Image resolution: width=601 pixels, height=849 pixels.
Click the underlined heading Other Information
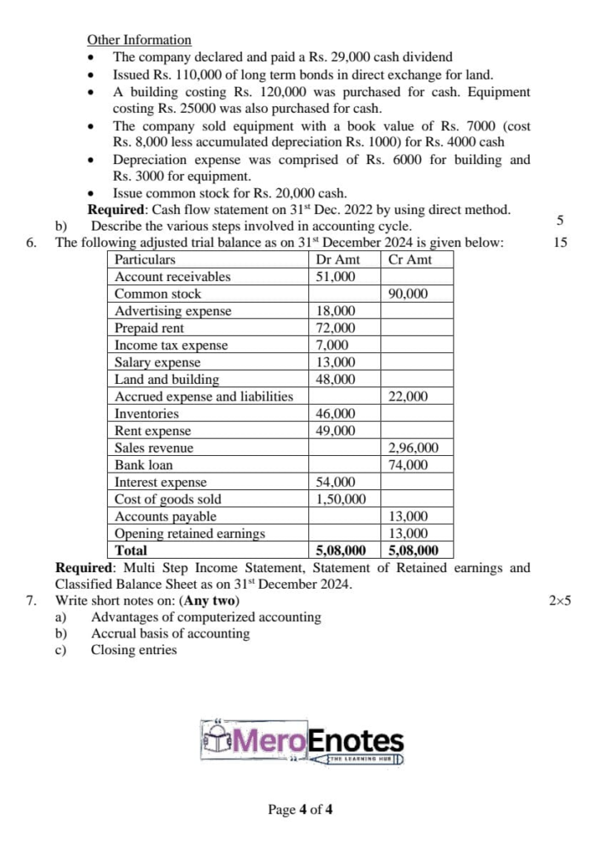tap(139, 40)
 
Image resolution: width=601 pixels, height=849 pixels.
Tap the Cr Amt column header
tap(410, 260)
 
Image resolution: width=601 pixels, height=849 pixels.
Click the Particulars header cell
tap(145, 260)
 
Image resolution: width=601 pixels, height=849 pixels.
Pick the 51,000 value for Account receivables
tap(337, 277)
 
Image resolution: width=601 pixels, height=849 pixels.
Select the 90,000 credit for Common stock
tap(409, 294)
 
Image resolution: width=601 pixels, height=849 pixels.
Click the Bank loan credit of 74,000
tap(409, 465)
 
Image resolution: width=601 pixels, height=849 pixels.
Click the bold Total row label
tap(131, 551)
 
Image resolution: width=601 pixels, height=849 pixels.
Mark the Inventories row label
tap(147, 414)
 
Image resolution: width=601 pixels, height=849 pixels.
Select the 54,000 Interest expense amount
tap(337, 482)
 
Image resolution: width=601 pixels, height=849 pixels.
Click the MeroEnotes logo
tap(302, 741)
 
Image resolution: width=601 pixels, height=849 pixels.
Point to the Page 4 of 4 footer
tap(300, 809)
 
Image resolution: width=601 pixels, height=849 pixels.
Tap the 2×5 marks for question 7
tap(560, 600)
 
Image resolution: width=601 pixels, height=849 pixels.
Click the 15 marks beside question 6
tap(560, 243)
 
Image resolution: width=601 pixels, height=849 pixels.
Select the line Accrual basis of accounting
tap(170, 633)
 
